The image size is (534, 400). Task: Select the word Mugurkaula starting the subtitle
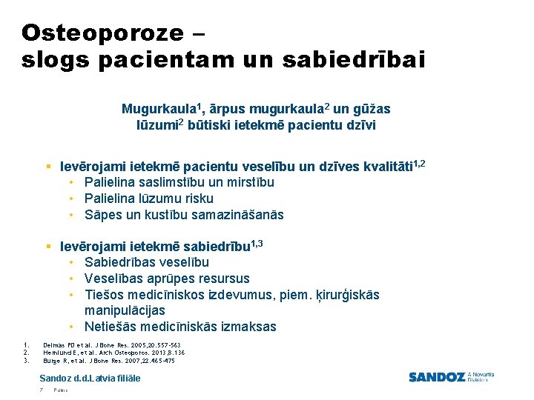(154, 110)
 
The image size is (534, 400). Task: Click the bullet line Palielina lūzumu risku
(148, 199)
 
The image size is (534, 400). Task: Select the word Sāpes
(101, 215)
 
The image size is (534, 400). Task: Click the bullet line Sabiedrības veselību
(146, 262)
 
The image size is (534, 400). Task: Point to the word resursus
(223, 279)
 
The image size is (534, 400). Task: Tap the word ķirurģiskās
(341, 295)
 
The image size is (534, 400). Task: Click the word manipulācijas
(125, 310)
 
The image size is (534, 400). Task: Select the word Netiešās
(109, 327)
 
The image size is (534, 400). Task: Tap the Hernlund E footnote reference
(113, 353)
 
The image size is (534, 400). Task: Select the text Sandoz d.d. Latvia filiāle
(90, 379)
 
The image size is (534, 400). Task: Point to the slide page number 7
(42, 390)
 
